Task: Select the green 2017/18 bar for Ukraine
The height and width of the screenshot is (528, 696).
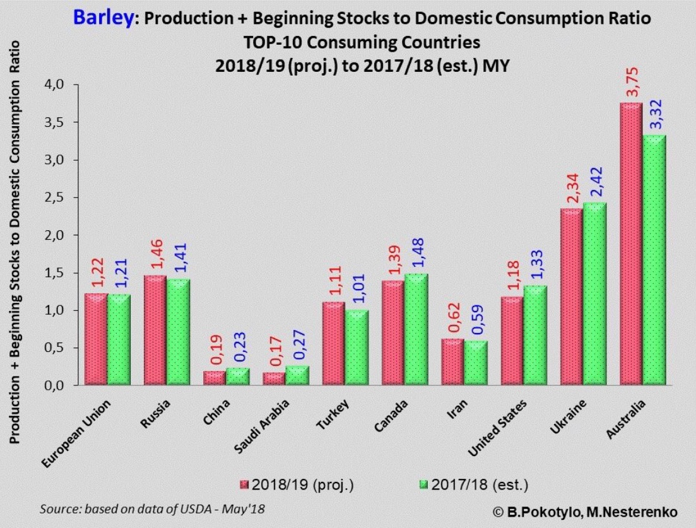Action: pos(594,294)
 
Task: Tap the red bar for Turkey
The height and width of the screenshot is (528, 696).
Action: pos(333,343)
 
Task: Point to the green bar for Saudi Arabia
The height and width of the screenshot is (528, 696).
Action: pos(297,376)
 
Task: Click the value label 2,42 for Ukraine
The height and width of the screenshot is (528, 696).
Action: pos(594,182)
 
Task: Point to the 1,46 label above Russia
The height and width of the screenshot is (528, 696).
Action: pos(155,255)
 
